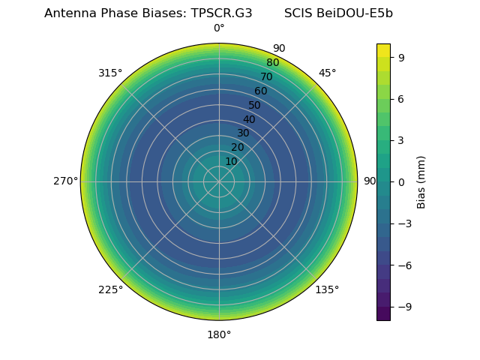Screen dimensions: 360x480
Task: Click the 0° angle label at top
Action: tap(219, 28)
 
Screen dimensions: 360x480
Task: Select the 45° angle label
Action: tap(327, 73)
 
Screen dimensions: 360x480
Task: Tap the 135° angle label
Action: tap(327, 289)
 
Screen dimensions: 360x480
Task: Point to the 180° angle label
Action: tap(219, 334)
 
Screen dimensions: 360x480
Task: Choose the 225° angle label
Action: tap(110, 289)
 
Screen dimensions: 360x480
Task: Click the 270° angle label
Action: tap(65, 181)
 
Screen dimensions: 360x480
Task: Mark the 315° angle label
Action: tap(110, 73)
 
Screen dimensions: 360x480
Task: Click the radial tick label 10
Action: tap(231, 161)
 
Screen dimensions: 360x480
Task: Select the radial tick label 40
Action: tap(249, 119)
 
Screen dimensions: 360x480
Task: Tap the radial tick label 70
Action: tap(266, 76)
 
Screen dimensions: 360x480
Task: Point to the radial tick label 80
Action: tap(272, 62)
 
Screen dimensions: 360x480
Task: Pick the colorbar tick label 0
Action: tap(401, 181)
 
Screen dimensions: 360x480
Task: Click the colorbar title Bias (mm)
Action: tap(421, 181)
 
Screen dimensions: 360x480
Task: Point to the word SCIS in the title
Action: tap(299, 13)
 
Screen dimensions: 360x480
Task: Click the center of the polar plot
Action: tap(219, 181)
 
